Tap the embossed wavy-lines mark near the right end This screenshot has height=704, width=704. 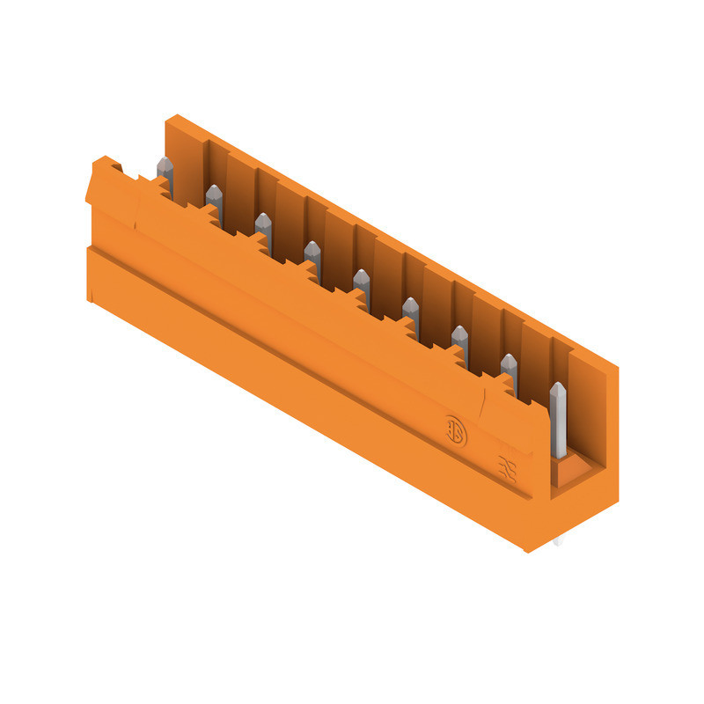pos(508,466)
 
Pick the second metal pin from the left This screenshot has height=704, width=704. pos(214,199)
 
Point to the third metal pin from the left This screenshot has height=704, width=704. pos(263,225)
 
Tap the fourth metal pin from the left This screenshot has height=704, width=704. pos(312,255)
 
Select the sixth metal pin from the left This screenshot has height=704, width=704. pos(410,311)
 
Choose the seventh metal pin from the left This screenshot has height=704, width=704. pos(459,338)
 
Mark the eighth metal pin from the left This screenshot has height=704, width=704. pos(509,366)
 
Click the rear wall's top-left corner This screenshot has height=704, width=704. pos(171,117)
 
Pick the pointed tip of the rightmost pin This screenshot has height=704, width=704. pos(556,385)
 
